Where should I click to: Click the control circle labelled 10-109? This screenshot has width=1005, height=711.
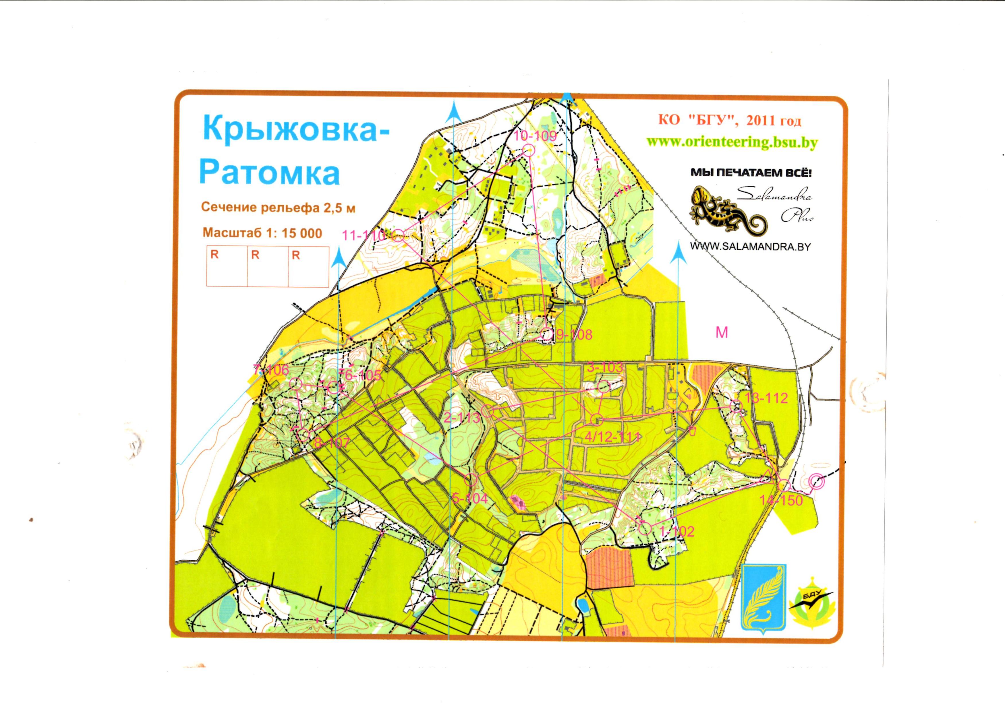(529, 151)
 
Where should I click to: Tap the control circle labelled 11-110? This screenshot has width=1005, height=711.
(398, 236)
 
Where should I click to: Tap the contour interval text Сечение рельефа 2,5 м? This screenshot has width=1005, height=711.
(278, 208)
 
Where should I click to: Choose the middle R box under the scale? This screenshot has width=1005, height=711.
(268, 266)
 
